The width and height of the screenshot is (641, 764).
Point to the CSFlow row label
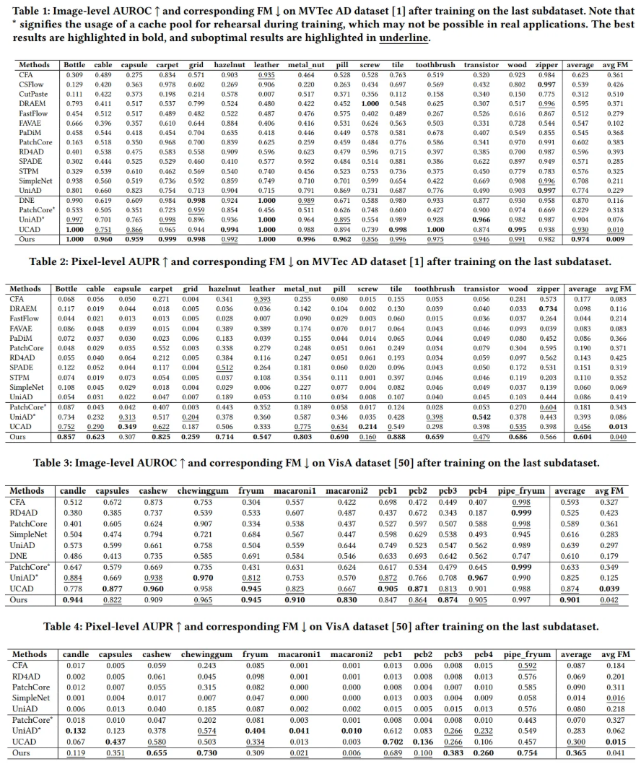[x=32, y=84]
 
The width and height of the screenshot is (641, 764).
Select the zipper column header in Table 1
[x=546, y=65]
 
